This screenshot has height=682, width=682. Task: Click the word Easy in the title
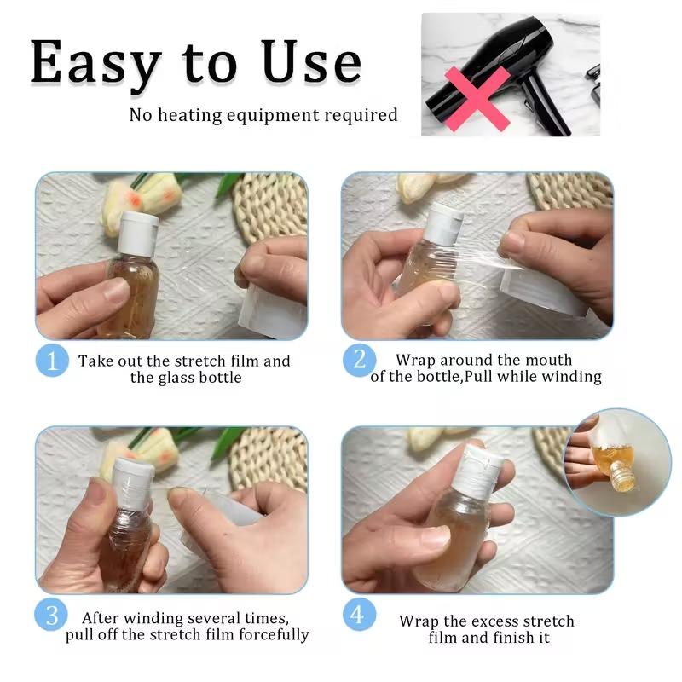click(95, 63)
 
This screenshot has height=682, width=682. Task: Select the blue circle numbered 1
click(51, 361)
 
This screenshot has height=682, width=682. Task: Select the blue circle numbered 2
click(360, 361)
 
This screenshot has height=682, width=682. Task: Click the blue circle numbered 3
click(51, 616)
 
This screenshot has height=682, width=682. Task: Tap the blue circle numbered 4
click(360, 615)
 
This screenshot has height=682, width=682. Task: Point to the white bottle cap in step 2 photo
click(443, 223)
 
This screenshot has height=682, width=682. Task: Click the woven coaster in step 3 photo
click(268, 457)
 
